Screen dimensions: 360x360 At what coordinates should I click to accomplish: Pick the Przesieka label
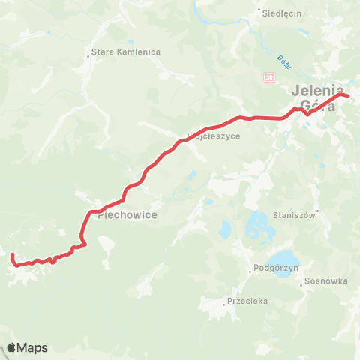pyautogui.click(x=245, y=303)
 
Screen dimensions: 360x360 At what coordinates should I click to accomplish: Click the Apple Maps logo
pyautogui.click(x=27, y=347)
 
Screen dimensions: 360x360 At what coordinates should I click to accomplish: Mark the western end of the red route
pyautogui.click(x=12, y=256)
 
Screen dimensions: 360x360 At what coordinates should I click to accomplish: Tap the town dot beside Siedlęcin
pyautogui.click(x=259, y=11)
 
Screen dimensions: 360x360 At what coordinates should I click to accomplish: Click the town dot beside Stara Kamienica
pyautogui.click(x=88, y=52)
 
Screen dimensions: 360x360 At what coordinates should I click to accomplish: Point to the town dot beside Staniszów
pyautogui.click(x=319, y=212)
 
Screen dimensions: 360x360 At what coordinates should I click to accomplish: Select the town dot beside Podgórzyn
pyautogui.click(x=250, y=271)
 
